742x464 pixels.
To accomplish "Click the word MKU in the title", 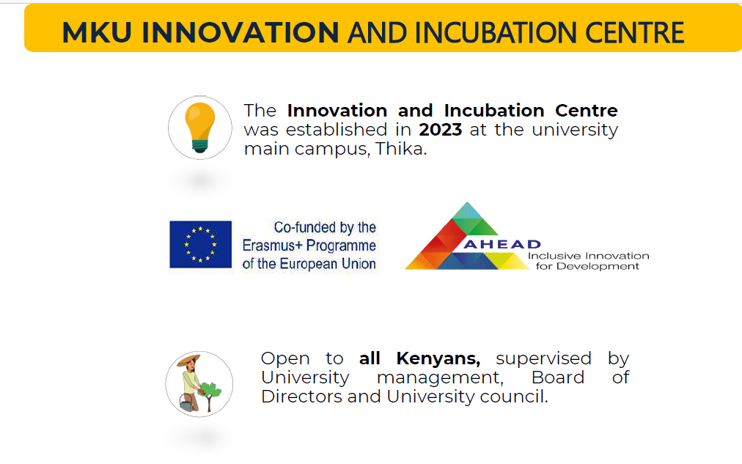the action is pos(97,32).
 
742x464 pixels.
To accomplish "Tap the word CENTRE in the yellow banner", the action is pos(634,32).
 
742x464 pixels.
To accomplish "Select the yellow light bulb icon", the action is pos(199,128).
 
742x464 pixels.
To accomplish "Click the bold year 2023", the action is pos(440,130).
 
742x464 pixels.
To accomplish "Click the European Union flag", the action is pos(201,244).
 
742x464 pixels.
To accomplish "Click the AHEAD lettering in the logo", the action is pos(502,244).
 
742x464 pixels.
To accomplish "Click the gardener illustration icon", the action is pos(199,384).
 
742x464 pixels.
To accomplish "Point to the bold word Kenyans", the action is pos(438,358).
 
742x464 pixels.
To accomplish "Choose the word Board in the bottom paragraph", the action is pos(558,378).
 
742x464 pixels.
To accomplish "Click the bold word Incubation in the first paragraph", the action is pos(494,111).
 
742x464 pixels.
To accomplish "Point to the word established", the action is pos(337,130).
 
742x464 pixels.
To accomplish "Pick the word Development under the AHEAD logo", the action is pos(598,266).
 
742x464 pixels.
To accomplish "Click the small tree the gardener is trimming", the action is pos(210,395).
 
